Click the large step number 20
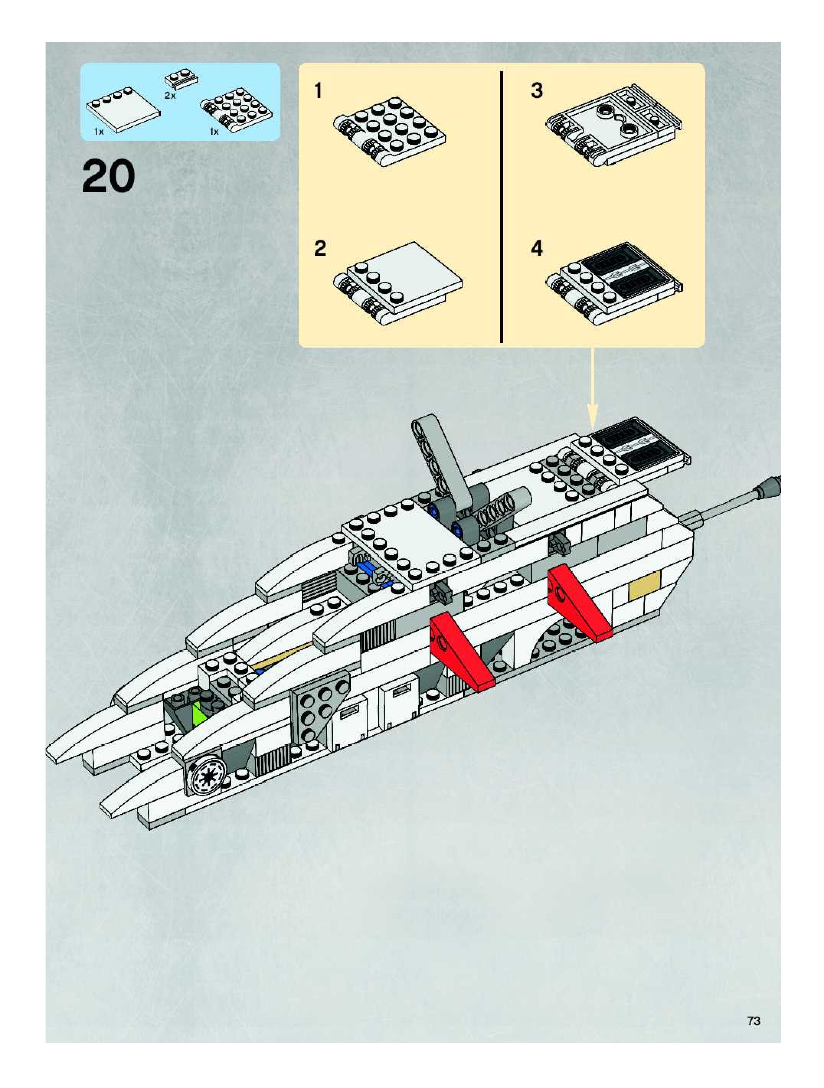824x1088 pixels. (108, 177)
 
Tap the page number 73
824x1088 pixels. (753, 1021)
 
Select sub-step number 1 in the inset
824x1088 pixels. (318, 91)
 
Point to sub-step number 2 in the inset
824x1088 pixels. (320, 248)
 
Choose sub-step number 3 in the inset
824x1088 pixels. (537, 91)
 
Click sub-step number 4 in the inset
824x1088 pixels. (537, 248)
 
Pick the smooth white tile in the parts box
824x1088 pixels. (123, 109)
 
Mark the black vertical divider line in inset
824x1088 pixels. (501, 207)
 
